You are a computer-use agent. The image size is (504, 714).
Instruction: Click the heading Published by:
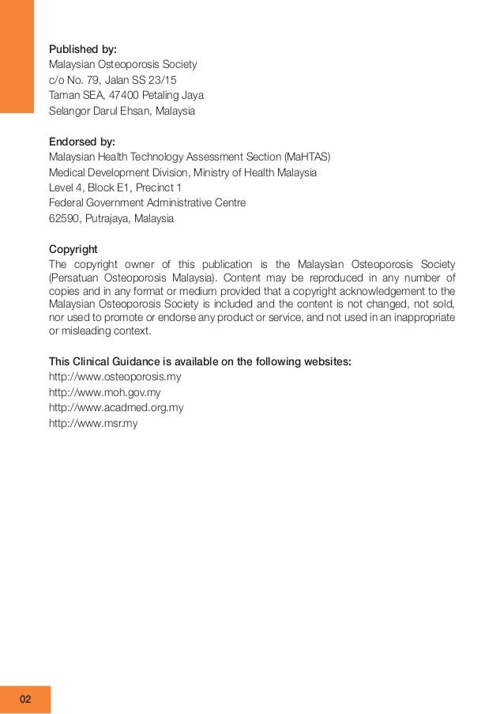[x=82, y=49]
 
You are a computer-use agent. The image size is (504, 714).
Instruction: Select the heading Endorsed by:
[x=81, y=142]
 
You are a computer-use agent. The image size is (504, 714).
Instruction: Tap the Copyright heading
[x=73, y=248]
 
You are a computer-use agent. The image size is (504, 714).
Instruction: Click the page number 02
[x=26, y=700]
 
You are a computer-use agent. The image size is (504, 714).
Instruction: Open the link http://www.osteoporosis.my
[x=115, y=377]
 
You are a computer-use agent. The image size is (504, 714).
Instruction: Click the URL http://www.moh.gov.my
[x=104, y=392]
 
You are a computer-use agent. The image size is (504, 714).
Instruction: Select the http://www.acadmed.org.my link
[x=116, y=408]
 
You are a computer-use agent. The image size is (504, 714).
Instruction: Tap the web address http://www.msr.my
[x=93, y=423]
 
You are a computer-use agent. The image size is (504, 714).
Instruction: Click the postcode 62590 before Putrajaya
[x=64, y=218]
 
